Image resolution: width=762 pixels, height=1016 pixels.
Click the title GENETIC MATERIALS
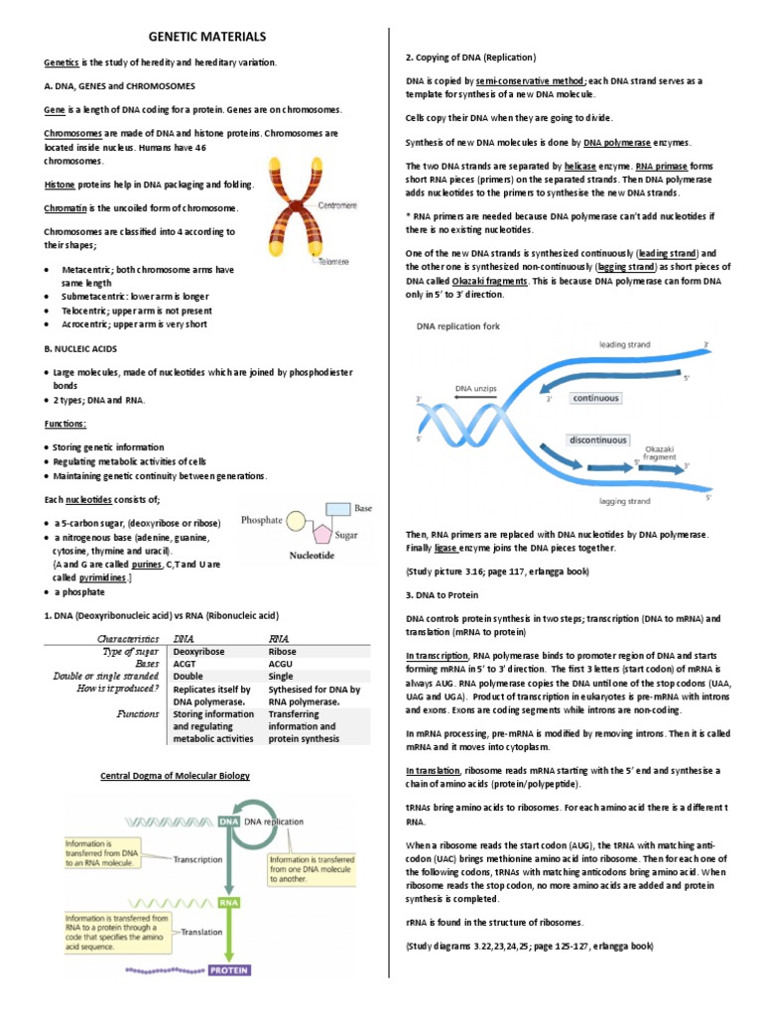pos(206,37)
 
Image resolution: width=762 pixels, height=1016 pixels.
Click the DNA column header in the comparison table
pos(184,639)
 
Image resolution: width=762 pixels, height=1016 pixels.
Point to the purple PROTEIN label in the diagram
pos(229,968)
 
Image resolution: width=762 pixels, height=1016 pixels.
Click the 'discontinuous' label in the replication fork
pos(597,440)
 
